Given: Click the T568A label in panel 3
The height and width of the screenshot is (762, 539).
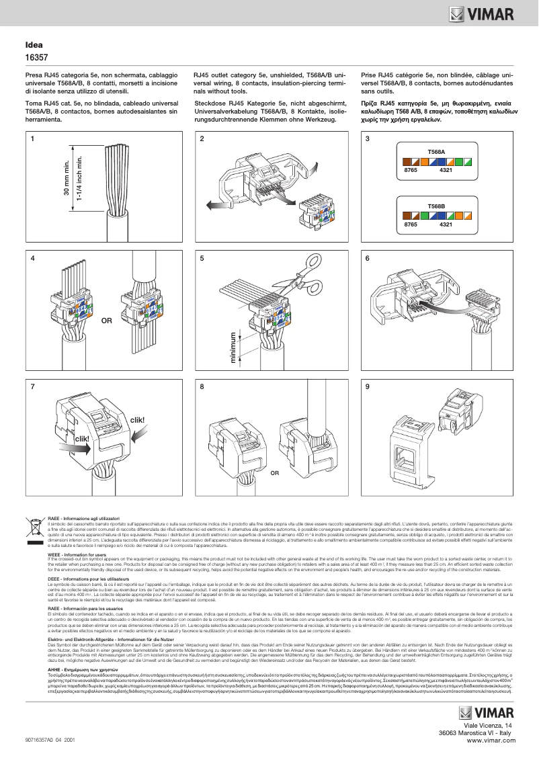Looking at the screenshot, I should (437, 153).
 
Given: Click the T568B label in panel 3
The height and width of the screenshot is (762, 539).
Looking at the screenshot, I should (437, 205).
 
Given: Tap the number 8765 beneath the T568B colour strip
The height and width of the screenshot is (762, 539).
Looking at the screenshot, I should (411, 224).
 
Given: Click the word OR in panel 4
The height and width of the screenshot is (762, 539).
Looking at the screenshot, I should (106, 321).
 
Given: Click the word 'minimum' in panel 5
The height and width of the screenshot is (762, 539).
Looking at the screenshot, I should (234, 348).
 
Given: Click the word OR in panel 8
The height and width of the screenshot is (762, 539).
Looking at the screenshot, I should (274, 473).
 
